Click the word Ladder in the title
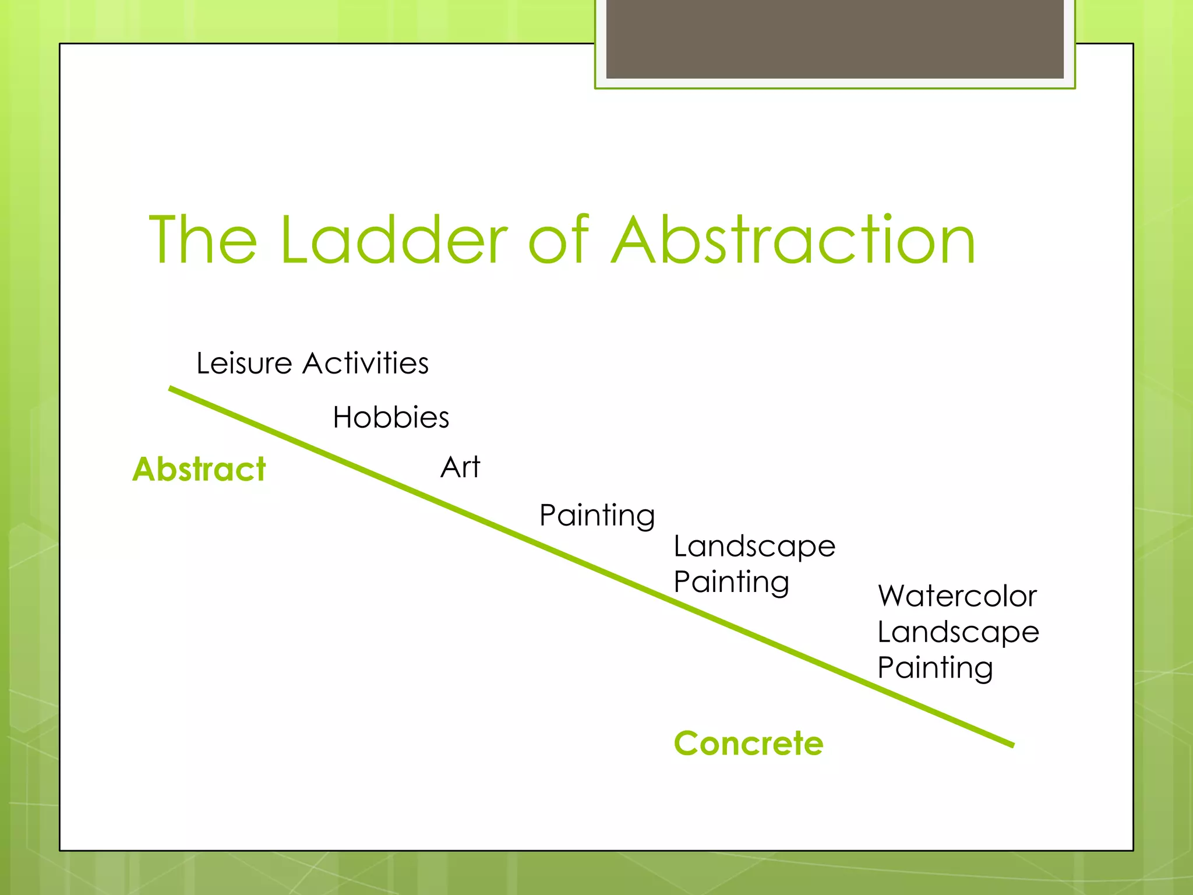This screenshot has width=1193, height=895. click(x=394, y=240)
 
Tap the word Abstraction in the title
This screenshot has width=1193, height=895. click(x=793, y=240)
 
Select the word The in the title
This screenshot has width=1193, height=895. click(x=203, y=240)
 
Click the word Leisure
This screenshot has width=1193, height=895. click(x=243, y=364)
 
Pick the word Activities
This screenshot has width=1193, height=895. click(x=366, y=364)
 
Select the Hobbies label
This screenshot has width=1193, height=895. click(x=391, y=417)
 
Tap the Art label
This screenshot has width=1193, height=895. click(x=460, y=467)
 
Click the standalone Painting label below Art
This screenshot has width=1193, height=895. click(x=597, y=516)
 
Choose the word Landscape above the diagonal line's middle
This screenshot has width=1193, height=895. click(x=754, y=547)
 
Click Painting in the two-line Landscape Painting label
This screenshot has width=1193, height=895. click(x=731, y=582)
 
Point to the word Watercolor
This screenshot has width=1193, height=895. click(x=957, y=596)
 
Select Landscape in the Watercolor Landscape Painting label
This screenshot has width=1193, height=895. click(x=958, y=632)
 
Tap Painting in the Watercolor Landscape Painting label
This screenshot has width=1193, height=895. click(x=935, y=668)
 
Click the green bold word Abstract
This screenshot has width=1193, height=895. click(x=199, y=469)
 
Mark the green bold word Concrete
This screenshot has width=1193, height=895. click(x=749, y=744)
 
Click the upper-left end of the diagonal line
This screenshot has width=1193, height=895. click(x=171, y=389)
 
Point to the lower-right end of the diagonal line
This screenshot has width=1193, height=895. click(x=1012, y=745)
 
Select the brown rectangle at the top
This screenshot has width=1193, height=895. click(x=835, y=38)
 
